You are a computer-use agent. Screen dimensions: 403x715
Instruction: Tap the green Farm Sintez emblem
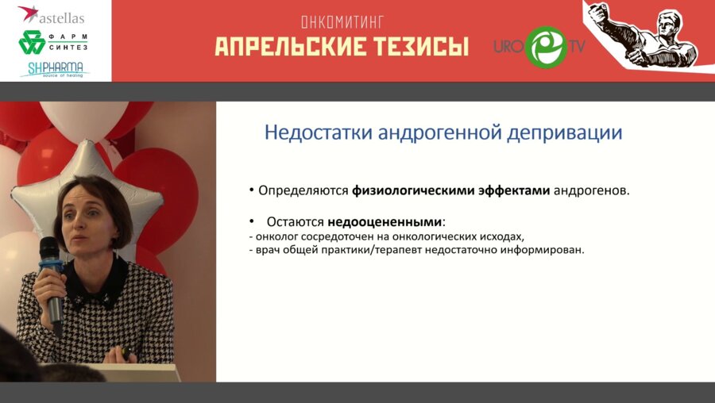[x=33, y=42]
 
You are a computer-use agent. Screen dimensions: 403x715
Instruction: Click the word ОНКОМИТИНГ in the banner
[x=342, y=23]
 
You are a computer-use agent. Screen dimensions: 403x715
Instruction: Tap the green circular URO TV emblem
[x=546, y=46]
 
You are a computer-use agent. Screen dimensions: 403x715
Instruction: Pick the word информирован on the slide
[x=540, y=250]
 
